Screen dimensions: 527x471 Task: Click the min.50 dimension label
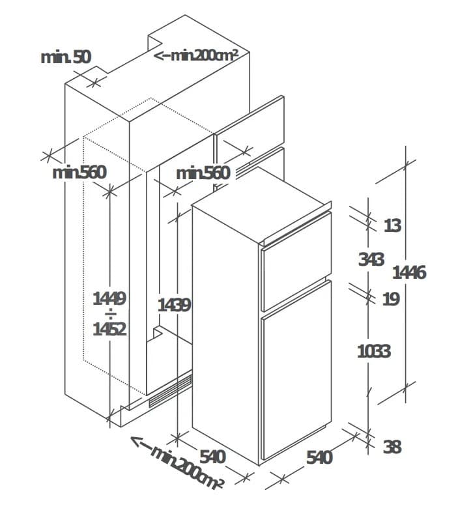(66, 57)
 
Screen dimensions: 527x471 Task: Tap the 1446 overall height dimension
(408, 272)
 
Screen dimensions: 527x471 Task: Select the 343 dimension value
(371, 259)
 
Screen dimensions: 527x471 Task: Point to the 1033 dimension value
(373, 351)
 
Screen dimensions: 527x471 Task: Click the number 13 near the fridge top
(392, 225)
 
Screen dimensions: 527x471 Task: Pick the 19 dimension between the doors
(391, 299)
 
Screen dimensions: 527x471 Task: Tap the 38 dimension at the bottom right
(392, 447)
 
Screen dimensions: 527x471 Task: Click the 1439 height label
(174, 304)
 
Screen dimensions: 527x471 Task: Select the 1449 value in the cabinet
(109, 298)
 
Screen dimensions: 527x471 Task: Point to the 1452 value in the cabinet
(109, 329)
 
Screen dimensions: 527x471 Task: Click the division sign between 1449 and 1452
(109, 314)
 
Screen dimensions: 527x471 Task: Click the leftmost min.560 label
(79, 173)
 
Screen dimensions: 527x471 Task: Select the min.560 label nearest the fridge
(203, 173)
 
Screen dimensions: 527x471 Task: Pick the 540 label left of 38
(319, 457)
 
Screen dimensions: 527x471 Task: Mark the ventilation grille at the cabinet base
(170, 392)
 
